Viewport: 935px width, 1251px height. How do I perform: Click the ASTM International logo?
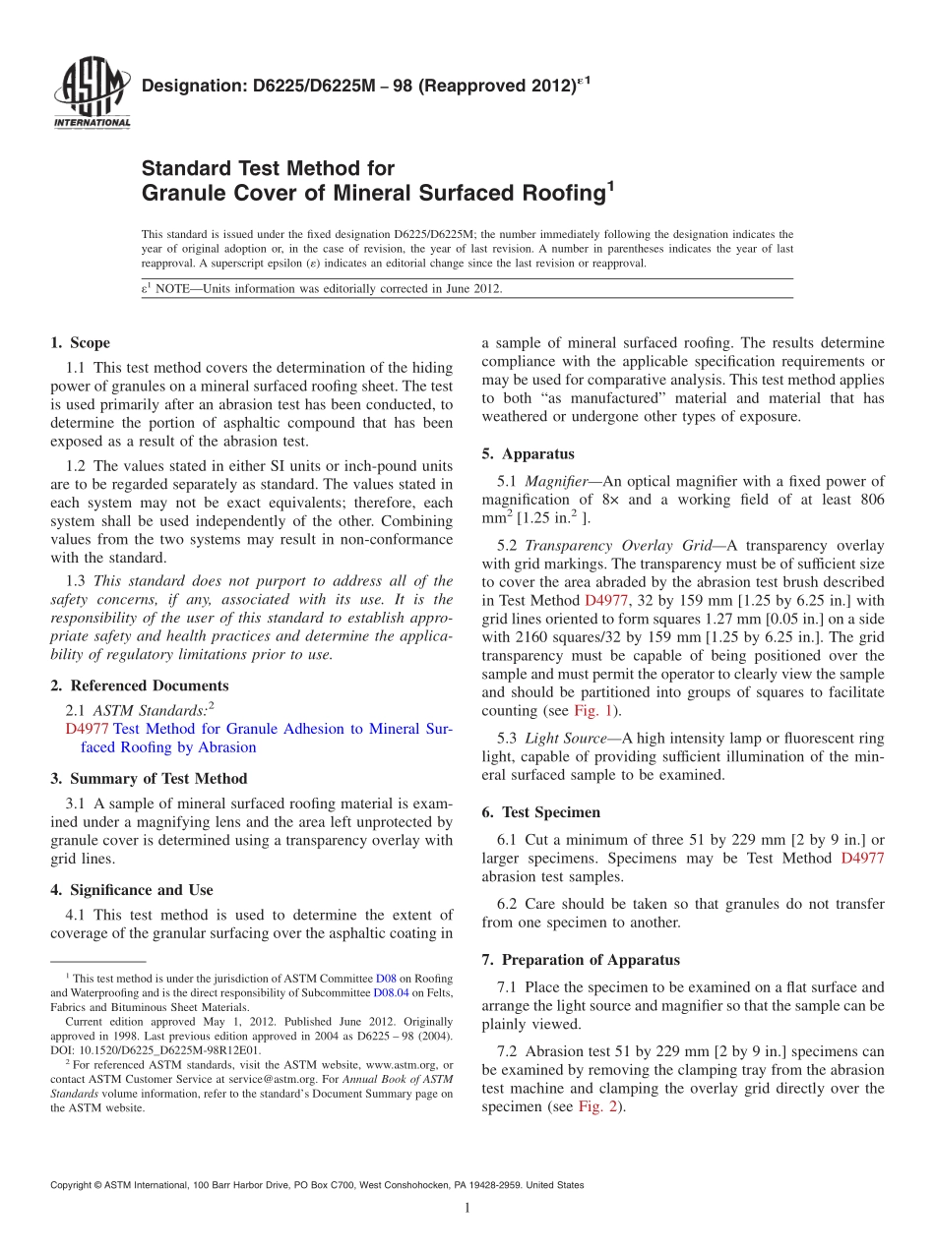point(91,93)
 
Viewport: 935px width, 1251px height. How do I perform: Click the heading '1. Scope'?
point(80,343)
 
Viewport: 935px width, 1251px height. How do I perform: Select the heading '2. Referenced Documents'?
point(139,685)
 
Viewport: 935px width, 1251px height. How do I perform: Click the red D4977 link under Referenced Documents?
point(87,729)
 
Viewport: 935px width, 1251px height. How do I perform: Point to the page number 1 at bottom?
point(467,1208)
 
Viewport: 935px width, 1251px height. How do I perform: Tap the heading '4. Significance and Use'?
point(131,890)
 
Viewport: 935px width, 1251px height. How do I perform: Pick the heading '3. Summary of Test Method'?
point(149,779)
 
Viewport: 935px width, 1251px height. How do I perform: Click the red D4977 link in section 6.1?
point(862,858)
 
